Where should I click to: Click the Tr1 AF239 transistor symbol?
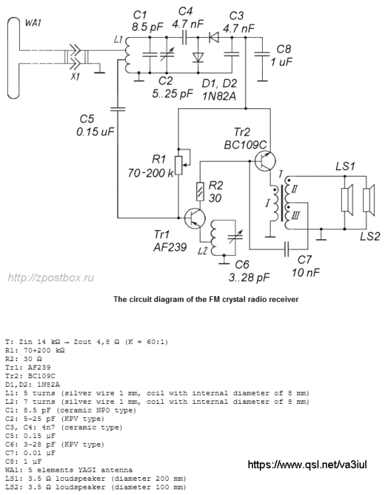click(x=194, y=218)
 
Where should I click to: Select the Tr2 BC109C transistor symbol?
click(x=265, y=161)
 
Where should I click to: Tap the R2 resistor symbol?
click(x=200, y=192)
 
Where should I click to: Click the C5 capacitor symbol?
click(x=117, y=109)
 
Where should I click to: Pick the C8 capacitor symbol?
click(x=262, y=54)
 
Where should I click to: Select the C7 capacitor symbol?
click(x=286, y=249)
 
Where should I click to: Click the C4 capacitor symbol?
click(x=184, y=38)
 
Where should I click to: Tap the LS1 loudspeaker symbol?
click(x=347, y=199)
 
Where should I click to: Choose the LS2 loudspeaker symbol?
click(x=369, y=199)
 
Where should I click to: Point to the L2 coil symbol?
click(x=214, y=237)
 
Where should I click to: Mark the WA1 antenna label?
click(x=33, y=23)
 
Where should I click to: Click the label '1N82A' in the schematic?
click(x=219, y=95)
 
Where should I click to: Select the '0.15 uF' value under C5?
click(x=95, y=131)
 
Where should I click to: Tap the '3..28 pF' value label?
click(x=249, y=277)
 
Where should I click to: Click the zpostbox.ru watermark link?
click(x=51, y=278)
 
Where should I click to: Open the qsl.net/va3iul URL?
click(x=308, y=464)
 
